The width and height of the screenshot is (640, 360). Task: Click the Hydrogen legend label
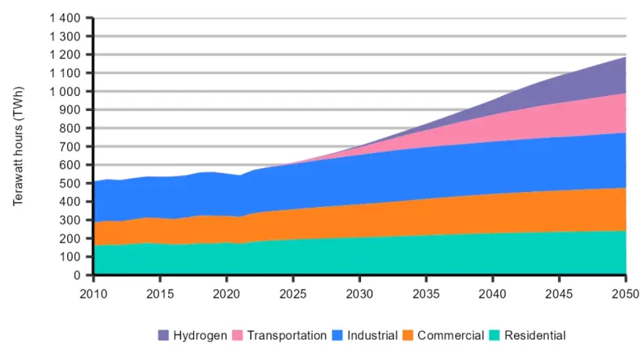tap(201, 336)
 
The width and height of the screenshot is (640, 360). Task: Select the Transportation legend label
tap(287, 336)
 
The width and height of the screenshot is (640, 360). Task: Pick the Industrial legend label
tap(372, 336)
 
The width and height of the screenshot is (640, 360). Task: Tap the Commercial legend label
tap(451, 336)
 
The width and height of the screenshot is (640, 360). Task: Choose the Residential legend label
tap(535, 336)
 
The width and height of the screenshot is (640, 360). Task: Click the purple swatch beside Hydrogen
tap(163, 336)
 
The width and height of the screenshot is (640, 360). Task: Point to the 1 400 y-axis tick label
tap(65, 18)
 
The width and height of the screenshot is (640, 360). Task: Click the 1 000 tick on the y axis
tap(65, 91)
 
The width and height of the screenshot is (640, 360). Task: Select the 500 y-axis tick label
tap(72, 184)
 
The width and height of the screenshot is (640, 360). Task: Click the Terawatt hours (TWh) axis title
tap(19, 147)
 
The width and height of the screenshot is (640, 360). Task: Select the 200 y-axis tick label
tap(72, 239)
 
